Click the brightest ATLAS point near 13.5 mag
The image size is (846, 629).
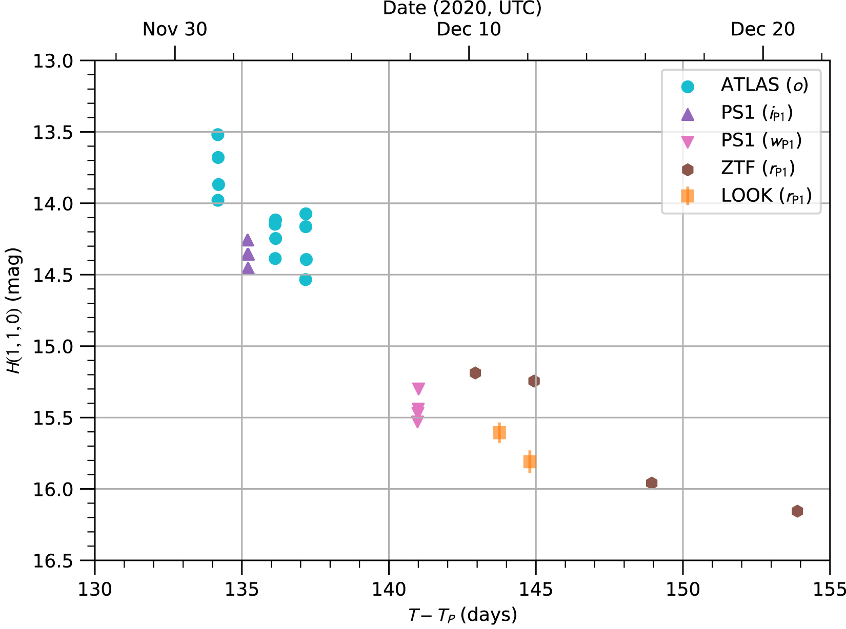(217, 135)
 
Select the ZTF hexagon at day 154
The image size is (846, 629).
(797, 511)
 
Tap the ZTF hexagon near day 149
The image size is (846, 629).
(652, 483)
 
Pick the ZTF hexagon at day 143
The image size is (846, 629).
(475, 373)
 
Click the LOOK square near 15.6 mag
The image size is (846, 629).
(499, 433)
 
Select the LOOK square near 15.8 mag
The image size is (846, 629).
(530, 462)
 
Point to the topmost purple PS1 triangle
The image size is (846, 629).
(248, 240)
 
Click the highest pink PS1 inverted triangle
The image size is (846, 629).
(418, 389)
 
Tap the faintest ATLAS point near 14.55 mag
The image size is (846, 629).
(306, 280)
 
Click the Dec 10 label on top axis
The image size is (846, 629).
(469, 29)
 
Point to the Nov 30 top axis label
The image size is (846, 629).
(175, 29)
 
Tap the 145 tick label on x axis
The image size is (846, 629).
(536, 590)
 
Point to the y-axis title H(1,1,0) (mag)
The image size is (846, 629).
(14, 311)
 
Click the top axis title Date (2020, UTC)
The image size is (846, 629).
(462, 8)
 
